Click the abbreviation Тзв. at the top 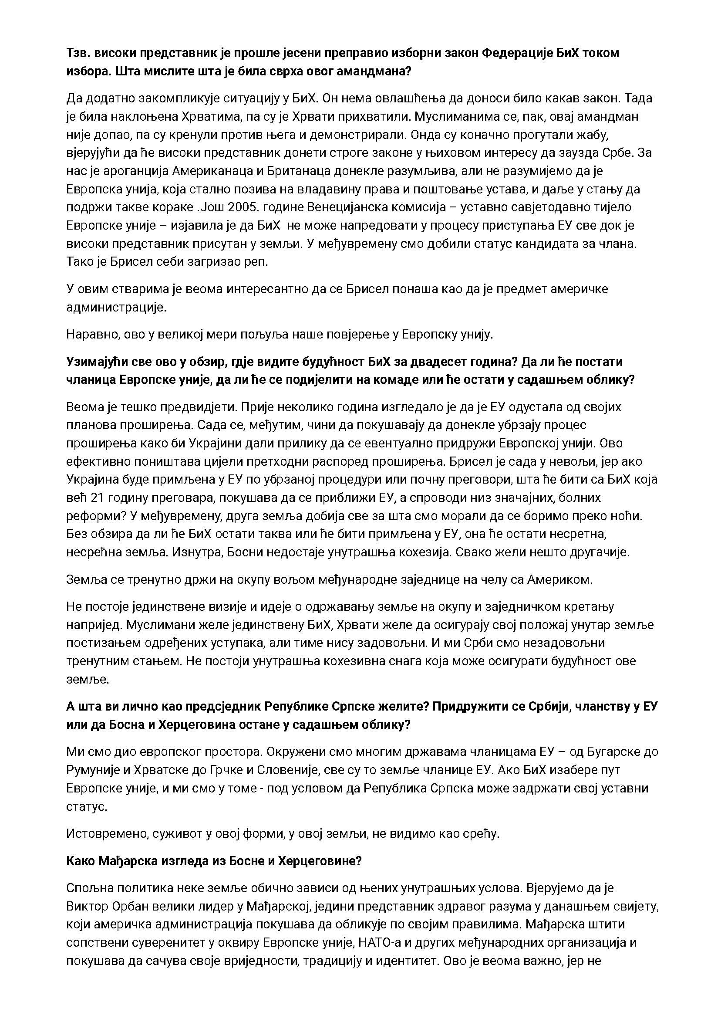[78, 53]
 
